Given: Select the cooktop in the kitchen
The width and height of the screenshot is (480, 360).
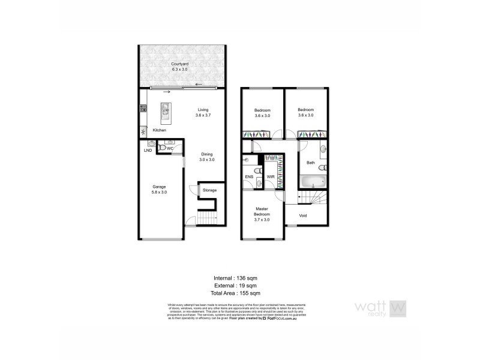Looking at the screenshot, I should [143, 109].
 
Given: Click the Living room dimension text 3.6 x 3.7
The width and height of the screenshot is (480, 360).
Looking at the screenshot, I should [204, 115].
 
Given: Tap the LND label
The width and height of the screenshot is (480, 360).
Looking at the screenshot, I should [148, 151].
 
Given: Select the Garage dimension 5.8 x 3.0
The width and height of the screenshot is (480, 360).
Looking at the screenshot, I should [161, 192].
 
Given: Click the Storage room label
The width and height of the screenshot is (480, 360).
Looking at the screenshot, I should [209, 191].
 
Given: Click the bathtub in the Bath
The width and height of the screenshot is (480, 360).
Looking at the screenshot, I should [311, 181].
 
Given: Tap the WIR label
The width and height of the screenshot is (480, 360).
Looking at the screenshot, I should [271, 177].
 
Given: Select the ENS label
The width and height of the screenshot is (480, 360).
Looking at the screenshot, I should [249, 177].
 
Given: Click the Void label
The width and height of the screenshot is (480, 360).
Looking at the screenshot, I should [304, 215].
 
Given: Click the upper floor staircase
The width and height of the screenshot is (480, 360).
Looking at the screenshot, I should [316, 196].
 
